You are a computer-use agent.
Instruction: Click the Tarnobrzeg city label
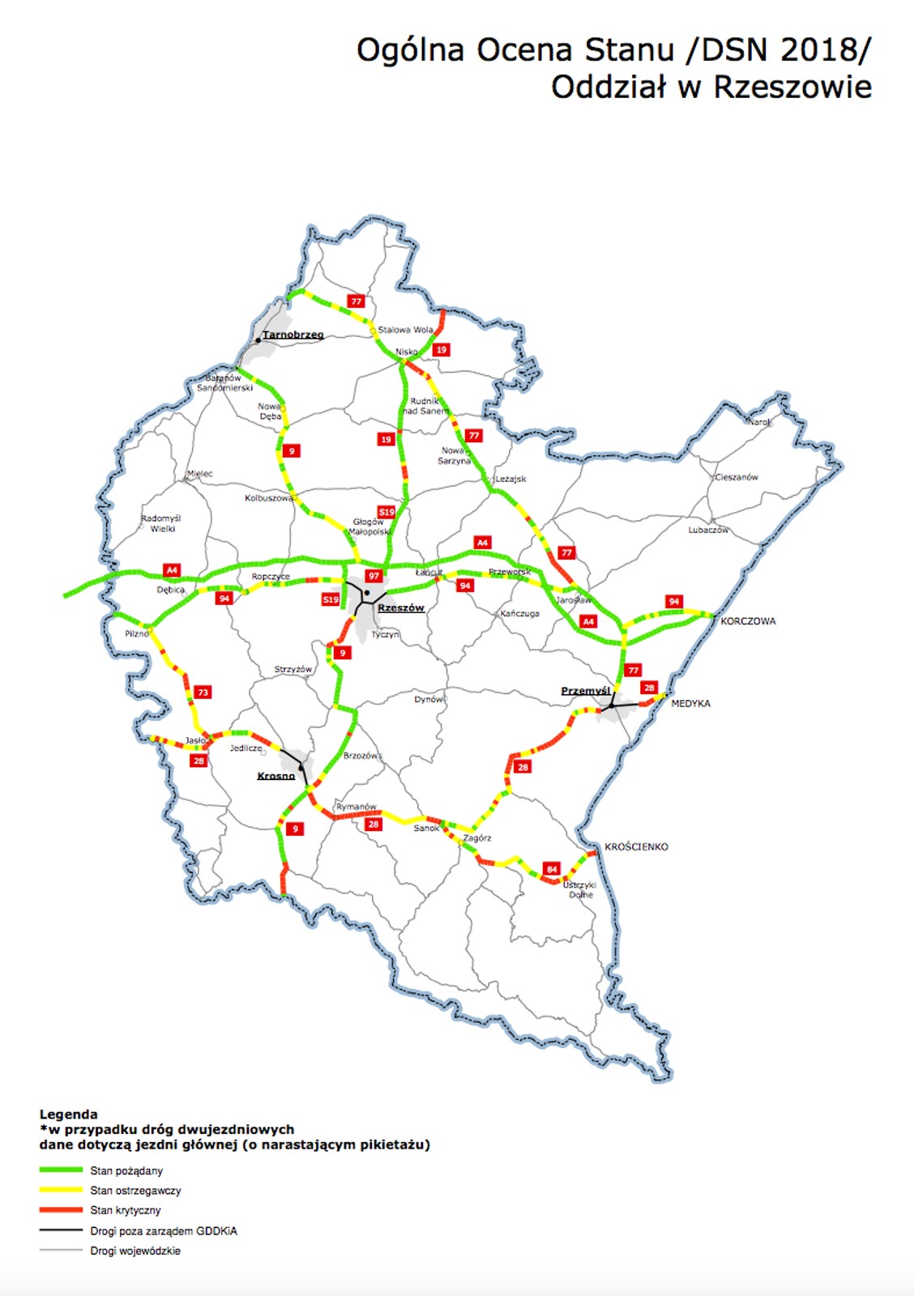(293, 335)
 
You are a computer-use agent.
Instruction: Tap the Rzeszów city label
(400, 607)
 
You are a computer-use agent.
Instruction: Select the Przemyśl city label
(585, 691)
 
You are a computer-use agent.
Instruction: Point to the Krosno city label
(275, 776)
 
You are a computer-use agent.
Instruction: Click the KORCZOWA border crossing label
(748, 621)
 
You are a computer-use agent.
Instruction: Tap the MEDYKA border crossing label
(690, 704)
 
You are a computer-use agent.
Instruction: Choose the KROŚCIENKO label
(636, 846)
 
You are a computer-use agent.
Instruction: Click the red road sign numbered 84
(552, 869)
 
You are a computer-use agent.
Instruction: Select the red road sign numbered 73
(203, 692)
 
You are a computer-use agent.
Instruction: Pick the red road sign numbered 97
(373, 576)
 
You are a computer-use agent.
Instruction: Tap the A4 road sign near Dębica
(172, 570)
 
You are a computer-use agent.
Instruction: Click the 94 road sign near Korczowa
(673, 601)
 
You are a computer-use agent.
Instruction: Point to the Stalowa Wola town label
(405, 330)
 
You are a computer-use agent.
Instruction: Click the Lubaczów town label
(708, 530)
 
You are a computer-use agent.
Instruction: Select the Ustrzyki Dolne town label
(579, 889)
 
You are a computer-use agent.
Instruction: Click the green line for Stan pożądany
(62, 1170)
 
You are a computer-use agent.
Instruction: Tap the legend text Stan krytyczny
(126, 1210)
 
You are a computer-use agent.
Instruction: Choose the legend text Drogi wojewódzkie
(135, 1251)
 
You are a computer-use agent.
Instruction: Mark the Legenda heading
(68, 1114)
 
